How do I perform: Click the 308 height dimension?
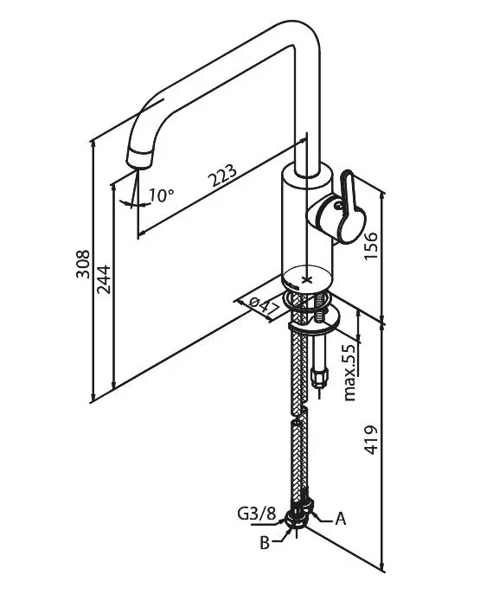click(x=82, y=265)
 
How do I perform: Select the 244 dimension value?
click(x=104, y=279)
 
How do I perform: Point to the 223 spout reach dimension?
click(x=222, y=176)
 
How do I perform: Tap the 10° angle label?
click(x=161, y=195)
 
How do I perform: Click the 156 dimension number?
click(x=371, y=246)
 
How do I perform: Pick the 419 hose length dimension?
click(x=371, y=440)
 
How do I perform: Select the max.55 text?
click(x=350, y=373)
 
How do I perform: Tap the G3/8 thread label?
click(x=257, y=514)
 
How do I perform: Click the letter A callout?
click(x=341, y=519)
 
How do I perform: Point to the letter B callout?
click(x=265, y=543)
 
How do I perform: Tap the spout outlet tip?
click(x=138, y=159)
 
